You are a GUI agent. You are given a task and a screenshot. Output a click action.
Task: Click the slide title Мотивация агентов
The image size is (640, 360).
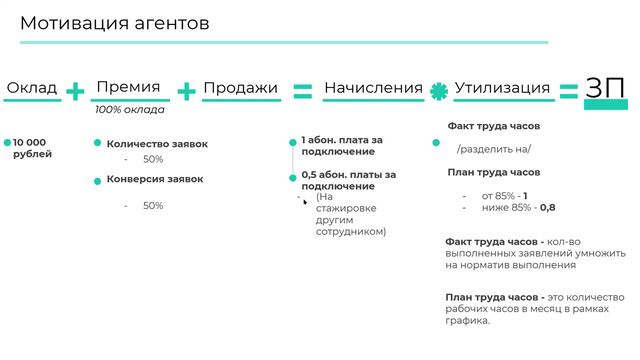point(115,24)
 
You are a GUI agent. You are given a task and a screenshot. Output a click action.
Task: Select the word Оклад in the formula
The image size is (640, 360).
point(32,88)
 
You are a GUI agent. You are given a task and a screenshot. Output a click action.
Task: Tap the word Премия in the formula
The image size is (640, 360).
point(127,87)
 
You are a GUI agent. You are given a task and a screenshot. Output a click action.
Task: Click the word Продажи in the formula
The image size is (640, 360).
point(240,88)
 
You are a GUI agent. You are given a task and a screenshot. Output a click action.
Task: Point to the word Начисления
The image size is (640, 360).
point(373,88)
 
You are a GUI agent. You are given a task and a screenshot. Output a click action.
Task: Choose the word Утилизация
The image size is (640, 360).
point(502,88)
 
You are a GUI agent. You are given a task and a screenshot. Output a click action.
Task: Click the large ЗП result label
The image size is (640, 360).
point(607,88)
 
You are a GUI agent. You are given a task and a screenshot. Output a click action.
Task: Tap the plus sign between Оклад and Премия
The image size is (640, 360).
point(76,92)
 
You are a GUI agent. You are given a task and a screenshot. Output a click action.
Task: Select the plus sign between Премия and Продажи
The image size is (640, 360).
point(186,92)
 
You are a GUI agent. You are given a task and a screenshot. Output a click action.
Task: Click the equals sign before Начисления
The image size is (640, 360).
point(302,91)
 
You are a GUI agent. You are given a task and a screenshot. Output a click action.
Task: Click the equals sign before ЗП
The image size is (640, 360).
point(568,91)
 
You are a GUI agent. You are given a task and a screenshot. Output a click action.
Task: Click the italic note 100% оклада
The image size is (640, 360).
point(130,110)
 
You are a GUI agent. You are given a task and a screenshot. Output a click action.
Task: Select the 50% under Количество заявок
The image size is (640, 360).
point(153,159)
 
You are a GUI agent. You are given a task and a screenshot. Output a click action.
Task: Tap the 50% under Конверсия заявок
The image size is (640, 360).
point(153,205)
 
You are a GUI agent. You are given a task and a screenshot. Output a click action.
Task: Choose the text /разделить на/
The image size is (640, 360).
point(494,148)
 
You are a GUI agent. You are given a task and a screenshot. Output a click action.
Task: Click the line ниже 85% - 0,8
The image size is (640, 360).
point(518,207)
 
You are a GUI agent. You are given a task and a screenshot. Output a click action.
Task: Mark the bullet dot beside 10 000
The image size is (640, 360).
point(7,144)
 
